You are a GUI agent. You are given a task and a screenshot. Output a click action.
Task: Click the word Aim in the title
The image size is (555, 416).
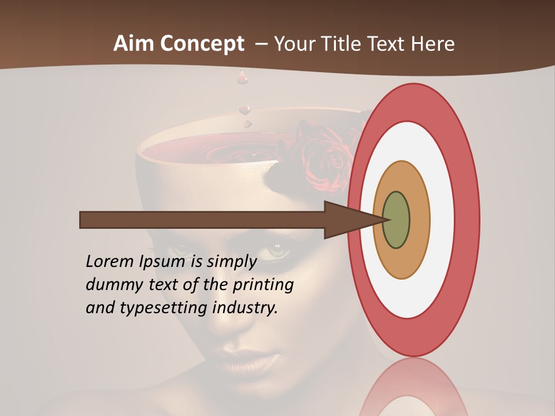pos(134,44)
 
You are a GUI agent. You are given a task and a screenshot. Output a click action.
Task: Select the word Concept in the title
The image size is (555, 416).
pos(201,44)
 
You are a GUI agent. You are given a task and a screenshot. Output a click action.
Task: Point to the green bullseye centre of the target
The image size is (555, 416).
pos(396,220)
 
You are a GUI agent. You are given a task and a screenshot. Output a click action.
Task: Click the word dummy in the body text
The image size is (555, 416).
pos(110,285)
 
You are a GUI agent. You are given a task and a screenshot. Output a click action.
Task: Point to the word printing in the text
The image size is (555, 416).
pos(263,285)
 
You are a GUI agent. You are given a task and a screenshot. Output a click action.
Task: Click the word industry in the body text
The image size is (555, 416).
pos(245,308)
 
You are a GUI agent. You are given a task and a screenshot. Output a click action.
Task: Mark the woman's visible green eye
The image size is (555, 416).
pos(277,252)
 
